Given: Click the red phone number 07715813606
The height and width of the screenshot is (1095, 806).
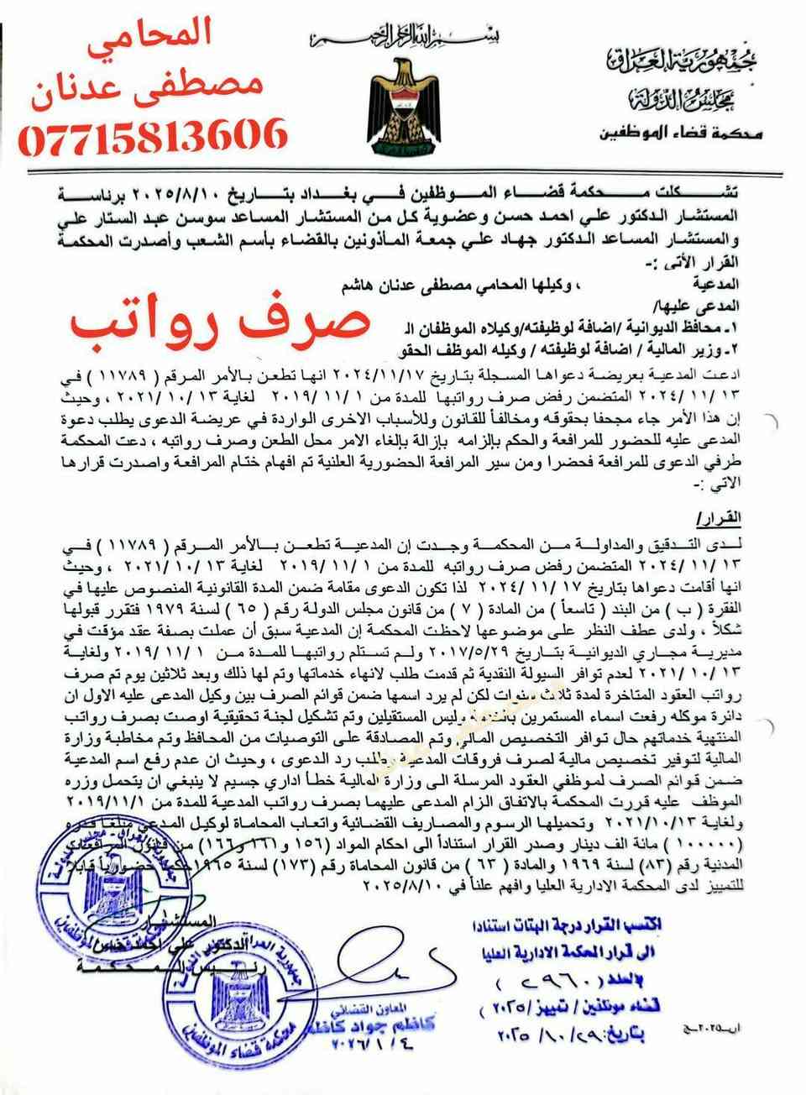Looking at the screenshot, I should coord(151,135).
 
